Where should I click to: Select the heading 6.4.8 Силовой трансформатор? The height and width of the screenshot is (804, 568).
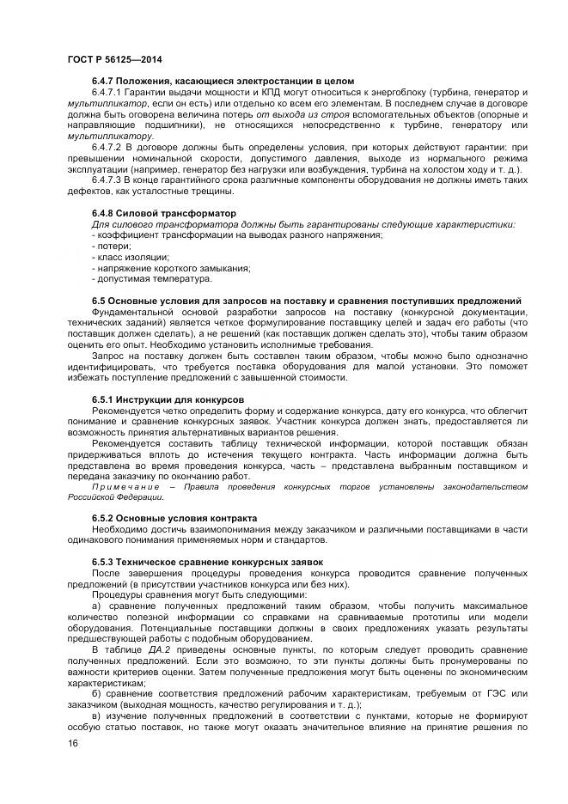163,212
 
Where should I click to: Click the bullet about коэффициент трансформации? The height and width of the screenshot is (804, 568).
236,234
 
